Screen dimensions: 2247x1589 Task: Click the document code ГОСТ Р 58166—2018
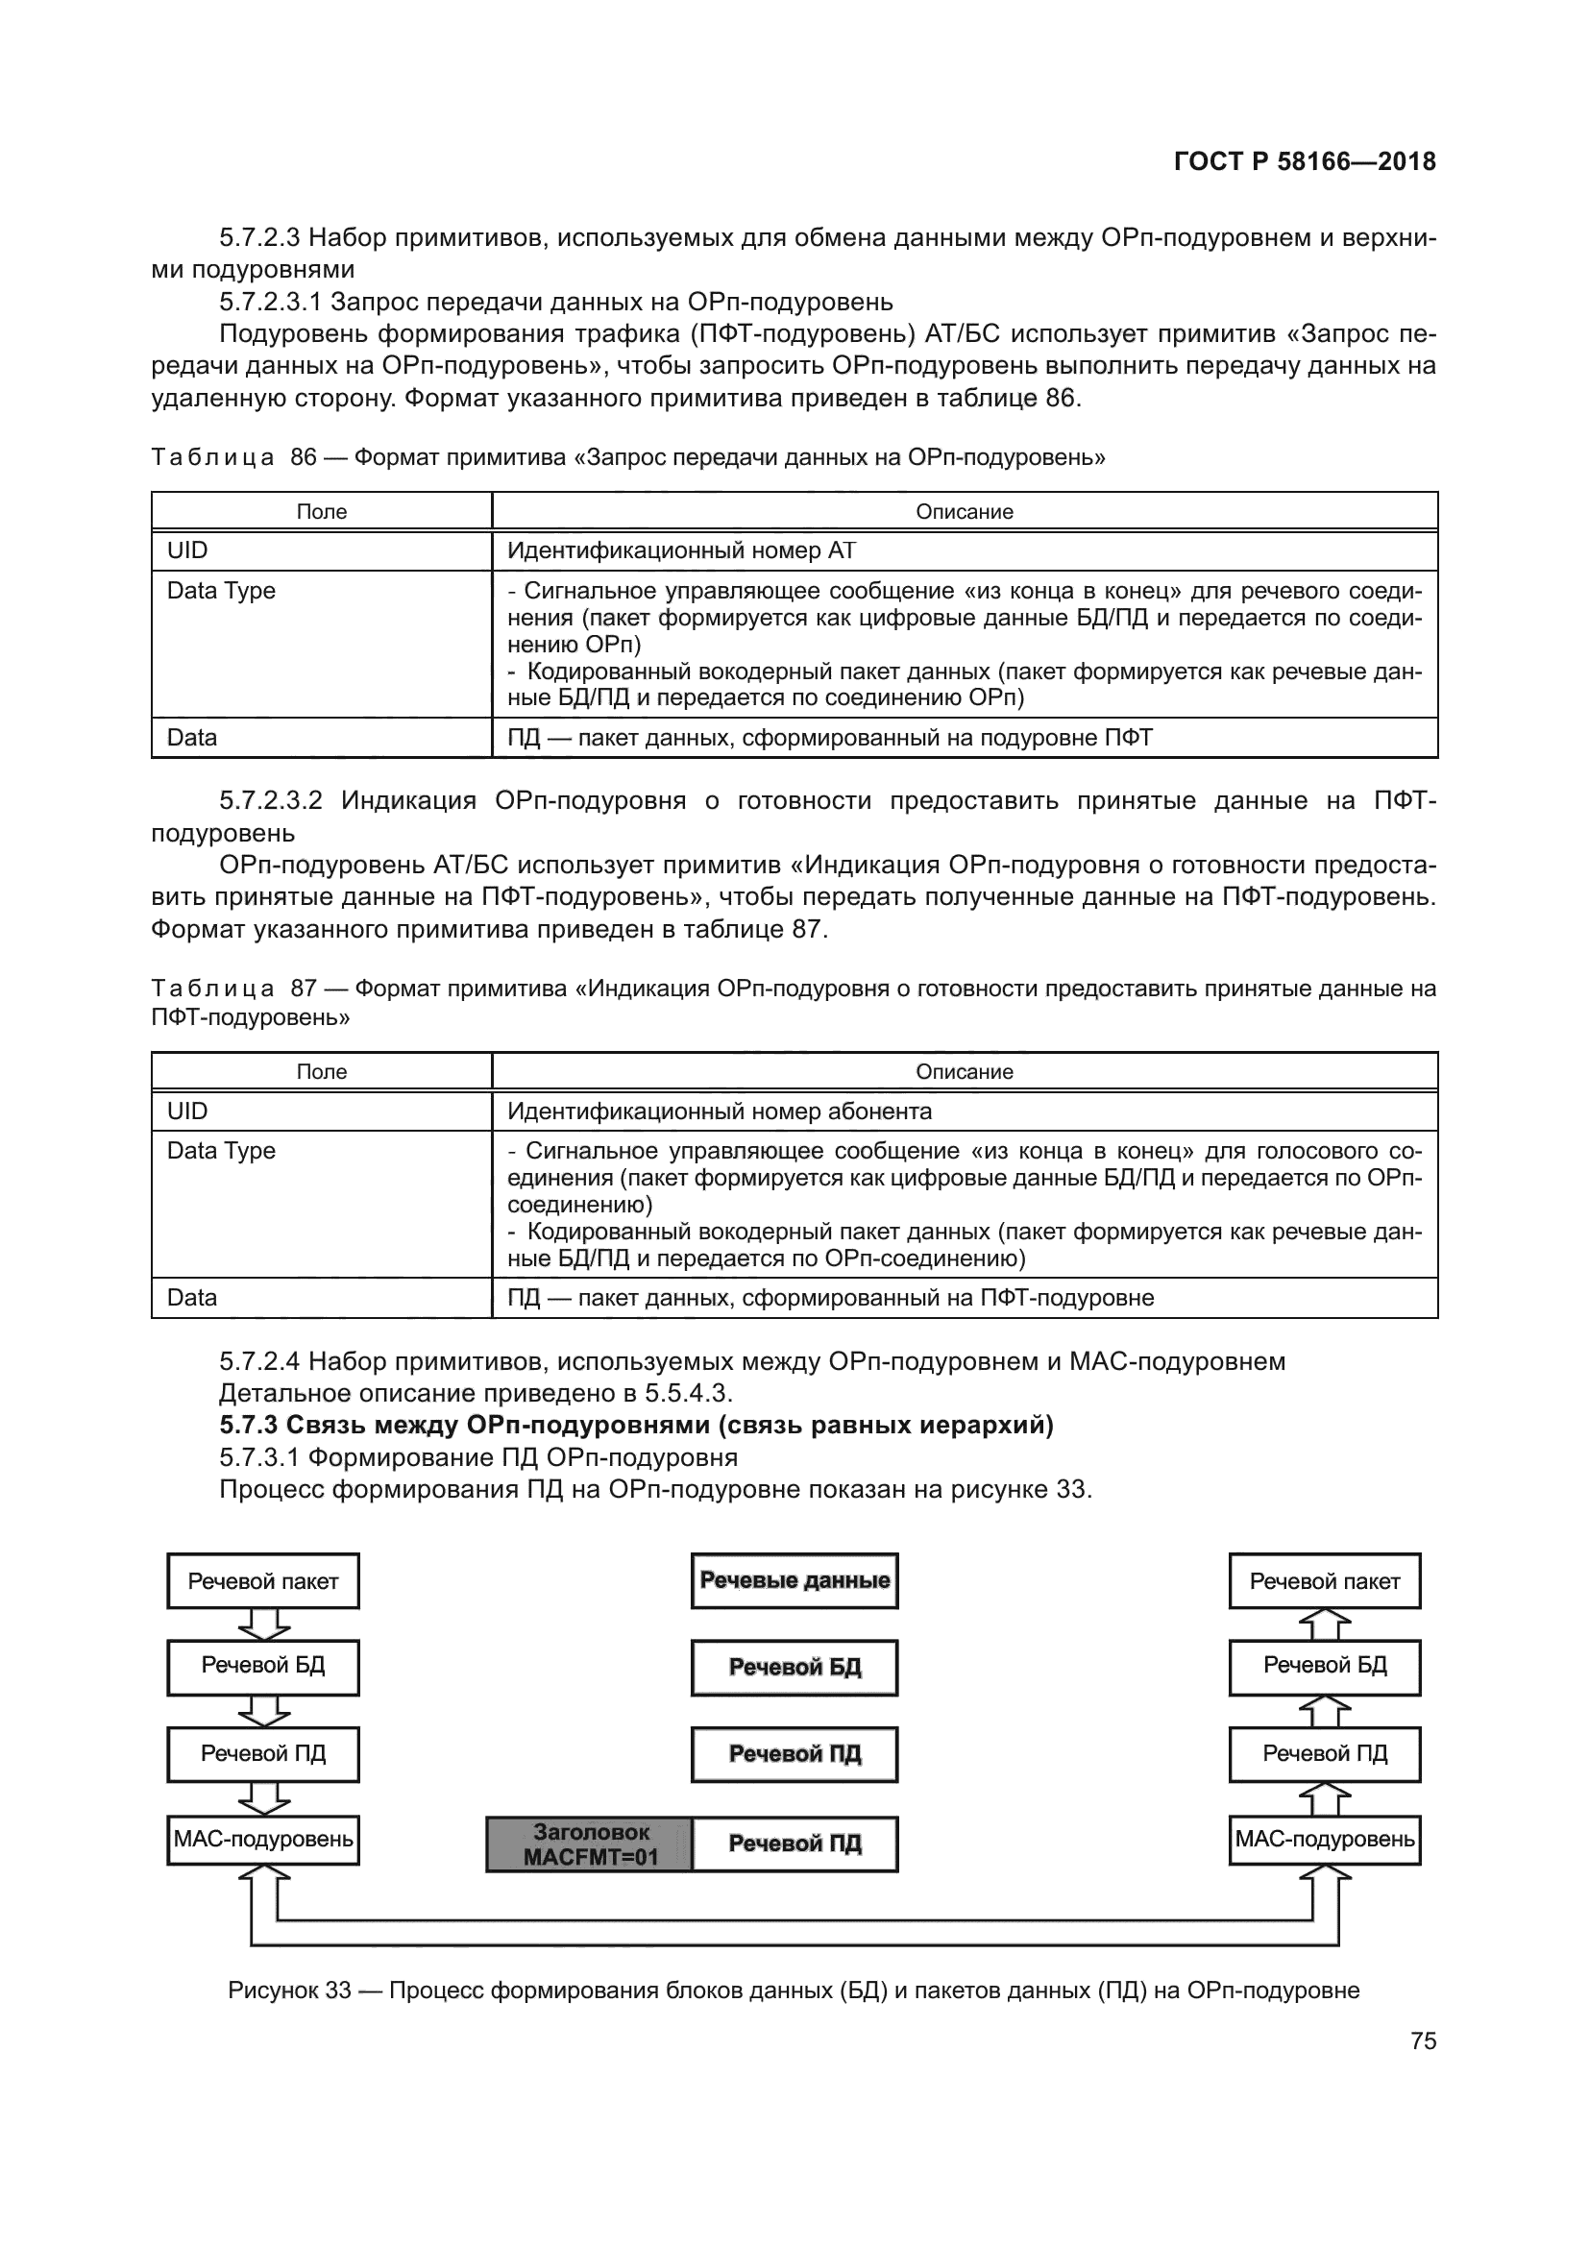click(1305, 161)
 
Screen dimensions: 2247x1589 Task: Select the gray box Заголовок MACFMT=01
click(590, 1844)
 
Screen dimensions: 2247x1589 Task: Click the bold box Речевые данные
click(794, 1580)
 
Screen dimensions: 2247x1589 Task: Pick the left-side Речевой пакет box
click(263, 1581)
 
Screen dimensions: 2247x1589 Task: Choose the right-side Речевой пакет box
click(1325, 1581)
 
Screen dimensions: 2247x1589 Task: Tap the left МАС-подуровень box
click(263, 1840)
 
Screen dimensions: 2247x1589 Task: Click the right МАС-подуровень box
click(1325, 1840)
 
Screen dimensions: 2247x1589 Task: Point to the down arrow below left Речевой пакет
click(263, 1624)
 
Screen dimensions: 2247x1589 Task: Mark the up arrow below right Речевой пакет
click(1325, 1624)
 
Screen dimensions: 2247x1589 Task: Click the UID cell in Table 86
click(188, 551)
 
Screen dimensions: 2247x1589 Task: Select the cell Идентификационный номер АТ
click(681, 551)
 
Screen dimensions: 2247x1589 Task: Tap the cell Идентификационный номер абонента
click(720, 1111)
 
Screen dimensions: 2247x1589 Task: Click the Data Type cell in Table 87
click(221, 1151)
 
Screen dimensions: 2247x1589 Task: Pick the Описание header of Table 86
click(964, 512)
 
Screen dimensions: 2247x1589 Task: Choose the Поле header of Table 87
click(321, 1072)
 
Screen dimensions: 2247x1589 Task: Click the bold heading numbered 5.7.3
click(636, 1425)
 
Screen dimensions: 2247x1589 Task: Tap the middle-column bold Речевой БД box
click(794, 1668)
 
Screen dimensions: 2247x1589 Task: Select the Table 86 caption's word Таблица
click(212, 458)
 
